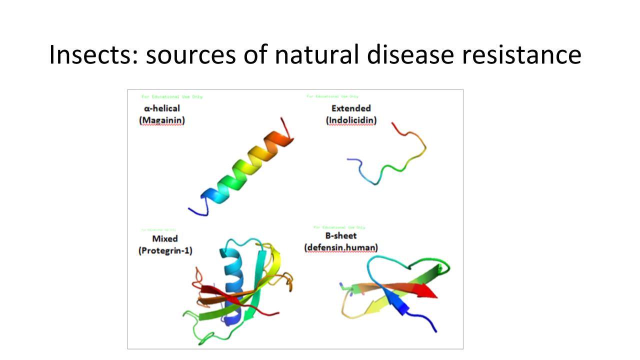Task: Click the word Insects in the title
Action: pos(92,55)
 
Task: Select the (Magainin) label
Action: pos(162,120)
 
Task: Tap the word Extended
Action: pos(351,108)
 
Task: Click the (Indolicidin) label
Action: pos(351,120)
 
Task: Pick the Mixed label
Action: pos(165,238)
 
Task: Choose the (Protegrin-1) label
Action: pos(165,250)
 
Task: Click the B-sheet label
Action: pos(341,235)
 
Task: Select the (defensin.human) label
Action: pos(341,247)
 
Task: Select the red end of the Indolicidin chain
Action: pos(394,124)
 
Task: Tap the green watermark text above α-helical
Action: pos(172,96)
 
